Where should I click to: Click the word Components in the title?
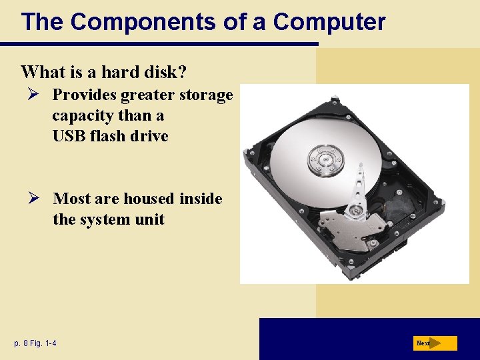[x=144, y=22]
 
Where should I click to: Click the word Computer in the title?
[x=329, y=22]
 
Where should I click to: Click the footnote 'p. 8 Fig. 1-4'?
[x=35, y=343]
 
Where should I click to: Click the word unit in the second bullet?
[x=151, y=219]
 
